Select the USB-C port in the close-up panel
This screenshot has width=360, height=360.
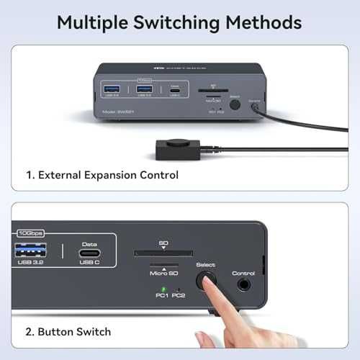click(x=89, y=251)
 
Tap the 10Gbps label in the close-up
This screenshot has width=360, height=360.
click(x=30, y=233)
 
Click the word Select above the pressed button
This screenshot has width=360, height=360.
click(x=206, y=265)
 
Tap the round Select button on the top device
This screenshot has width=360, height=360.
click(x=233, y=104)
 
